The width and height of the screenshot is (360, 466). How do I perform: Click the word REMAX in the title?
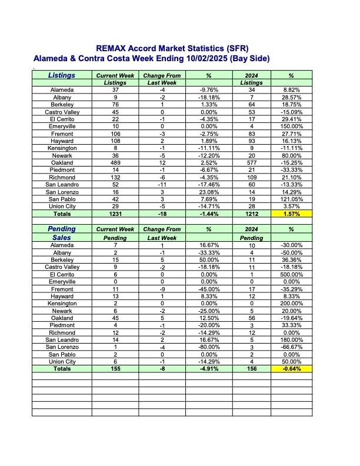[113, 48]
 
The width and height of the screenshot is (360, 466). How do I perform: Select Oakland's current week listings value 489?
[115, 162]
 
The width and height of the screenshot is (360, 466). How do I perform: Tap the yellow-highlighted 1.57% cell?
[291, 213]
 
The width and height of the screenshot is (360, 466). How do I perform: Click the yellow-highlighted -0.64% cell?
[291, 369]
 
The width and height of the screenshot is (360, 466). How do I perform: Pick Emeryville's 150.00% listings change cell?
[291, 127]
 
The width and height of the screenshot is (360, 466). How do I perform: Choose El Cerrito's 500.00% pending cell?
[291, 274]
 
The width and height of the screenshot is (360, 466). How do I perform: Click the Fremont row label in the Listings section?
[62, 134]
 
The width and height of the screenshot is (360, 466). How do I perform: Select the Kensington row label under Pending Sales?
[62, 304]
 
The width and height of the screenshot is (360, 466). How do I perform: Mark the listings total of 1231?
[115, 213]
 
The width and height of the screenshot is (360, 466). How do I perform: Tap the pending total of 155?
[115, 369]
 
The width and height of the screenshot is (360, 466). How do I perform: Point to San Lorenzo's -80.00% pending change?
[208, 347]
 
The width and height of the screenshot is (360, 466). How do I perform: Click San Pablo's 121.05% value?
[291, 199]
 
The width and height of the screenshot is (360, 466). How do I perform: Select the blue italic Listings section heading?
[62, 75]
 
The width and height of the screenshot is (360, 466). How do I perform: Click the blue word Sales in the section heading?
[62, 238]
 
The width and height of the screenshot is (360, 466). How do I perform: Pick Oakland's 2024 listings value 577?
[250, 162]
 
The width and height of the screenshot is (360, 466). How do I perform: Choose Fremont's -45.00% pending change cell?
[208, 289]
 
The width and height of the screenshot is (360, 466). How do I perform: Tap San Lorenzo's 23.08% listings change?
[208, 191]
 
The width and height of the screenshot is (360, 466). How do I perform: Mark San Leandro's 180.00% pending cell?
[291, 339]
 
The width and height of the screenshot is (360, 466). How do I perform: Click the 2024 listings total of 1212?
[250, 213]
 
